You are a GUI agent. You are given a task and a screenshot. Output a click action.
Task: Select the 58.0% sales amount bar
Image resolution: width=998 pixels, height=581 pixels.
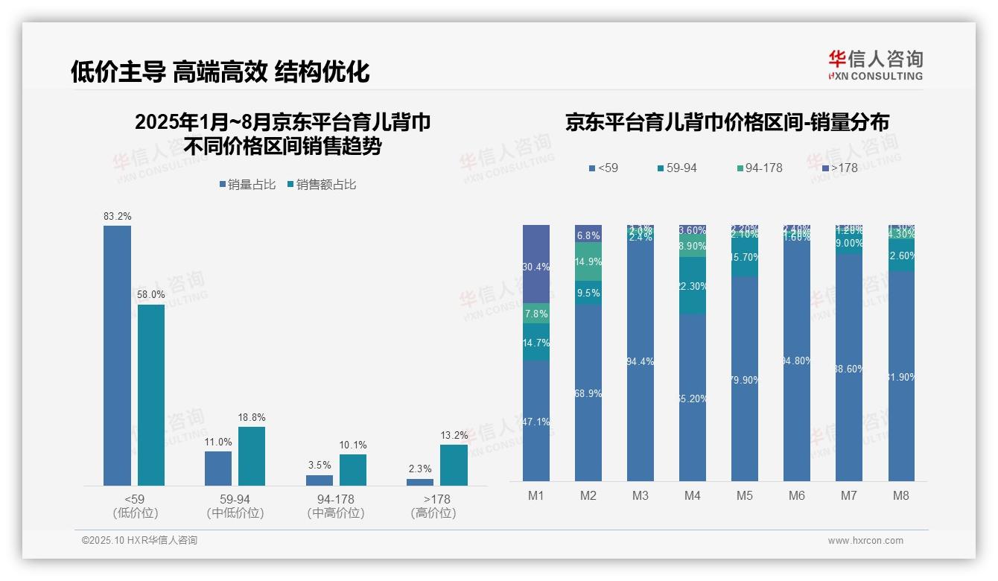[x=151, y=395]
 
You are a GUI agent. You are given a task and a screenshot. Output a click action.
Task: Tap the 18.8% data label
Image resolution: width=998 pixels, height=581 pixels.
[x=252, y=418]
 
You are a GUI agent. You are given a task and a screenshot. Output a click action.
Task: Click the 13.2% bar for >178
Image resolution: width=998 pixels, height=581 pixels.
[x=454, y=465]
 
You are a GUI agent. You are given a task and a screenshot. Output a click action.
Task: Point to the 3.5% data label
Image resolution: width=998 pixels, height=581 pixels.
[x=320, y=466]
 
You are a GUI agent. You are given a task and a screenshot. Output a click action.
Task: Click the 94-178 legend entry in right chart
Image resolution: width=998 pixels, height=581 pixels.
[x=759, y=168]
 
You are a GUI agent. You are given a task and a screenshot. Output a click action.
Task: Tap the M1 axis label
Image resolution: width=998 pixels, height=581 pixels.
[x=535, y=495]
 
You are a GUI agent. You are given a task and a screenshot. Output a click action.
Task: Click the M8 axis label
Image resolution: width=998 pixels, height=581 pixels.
[x=901, y=495]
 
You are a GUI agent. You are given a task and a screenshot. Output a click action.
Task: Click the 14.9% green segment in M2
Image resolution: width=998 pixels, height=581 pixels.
[x=588, y=261]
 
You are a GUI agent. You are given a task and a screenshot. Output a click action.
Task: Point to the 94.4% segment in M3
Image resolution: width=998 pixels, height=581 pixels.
[x=641, y=361]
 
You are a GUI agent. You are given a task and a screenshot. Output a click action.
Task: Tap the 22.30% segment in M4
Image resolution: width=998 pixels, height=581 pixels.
[x=693, y=285]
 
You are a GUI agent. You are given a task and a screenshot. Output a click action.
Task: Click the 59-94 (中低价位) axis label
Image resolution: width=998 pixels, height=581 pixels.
[x=235, y=506]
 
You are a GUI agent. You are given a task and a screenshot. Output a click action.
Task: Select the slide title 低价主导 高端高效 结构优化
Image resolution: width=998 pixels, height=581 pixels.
[x=220, y=72]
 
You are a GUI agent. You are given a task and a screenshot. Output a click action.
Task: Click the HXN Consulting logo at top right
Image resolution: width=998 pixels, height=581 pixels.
[x=875, y=66]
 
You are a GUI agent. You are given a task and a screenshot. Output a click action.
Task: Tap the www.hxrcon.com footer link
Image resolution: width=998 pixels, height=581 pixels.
[x=865, y=541]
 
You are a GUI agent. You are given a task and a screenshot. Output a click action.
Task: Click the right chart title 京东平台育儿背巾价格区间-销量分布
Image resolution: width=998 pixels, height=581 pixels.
[x=727, y=123]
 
